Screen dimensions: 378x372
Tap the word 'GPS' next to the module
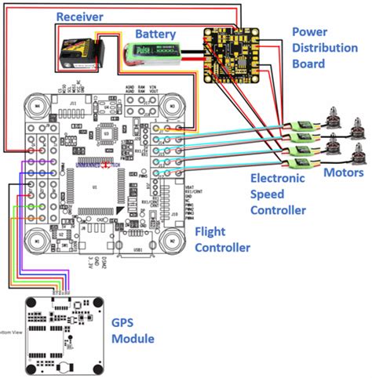pos(125,323)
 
